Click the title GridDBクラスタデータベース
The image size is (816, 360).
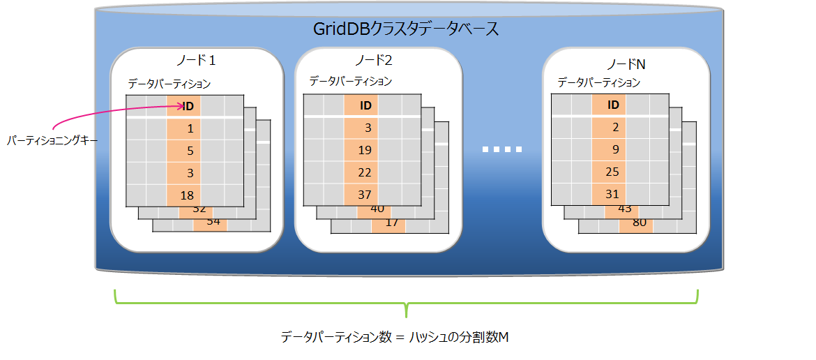coord(406,29)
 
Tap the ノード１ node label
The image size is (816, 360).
coord(197,61)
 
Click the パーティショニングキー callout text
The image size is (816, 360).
coord(52,140)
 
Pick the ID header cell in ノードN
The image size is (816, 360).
coord(613,105)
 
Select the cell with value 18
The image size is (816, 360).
coord(186,195)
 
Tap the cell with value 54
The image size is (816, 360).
coord(213,221)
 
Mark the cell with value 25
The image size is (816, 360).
coord(613,172)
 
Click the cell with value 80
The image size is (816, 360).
coord(638,223)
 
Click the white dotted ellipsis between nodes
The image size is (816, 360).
coord(502,149)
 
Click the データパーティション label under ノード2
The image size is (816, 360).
coord(351,82)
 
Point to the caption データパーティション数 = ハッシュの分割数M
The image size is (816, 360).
coord(395,337)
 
